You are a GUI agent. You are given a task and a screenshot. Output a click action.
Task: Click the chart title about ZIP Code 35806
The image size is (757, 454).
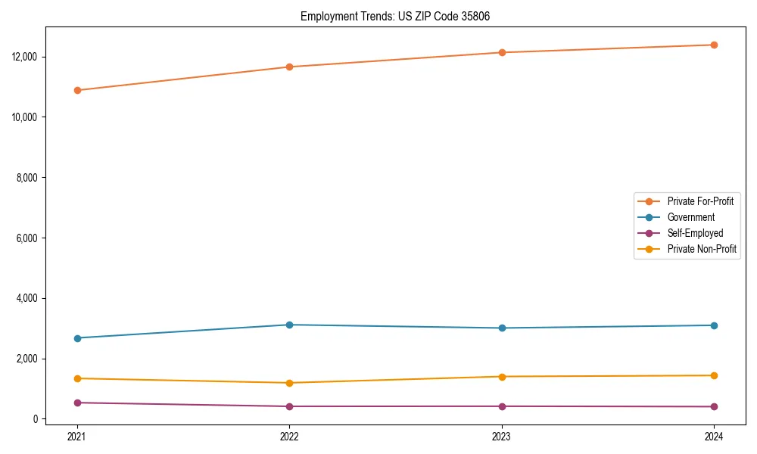pyautogui.click(x=395, y=16)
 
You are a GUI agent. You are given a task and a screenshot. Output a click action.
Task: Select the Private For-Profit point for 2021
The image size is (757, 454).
pyautogui.click(x=76, y=90)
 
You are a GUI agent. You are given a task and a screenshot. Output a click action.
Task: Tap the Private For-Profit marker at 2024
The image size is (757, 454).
pyautogui.click(x=714, y=45)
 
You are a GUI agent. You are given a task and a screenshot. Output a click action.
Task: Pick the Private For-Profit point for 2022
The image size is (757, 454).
pyautogui.click(x=289, y=67)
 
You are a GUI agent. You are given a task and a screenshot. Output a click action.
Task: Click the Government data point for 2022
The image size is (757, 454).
pyautogui.click(x=289, y=325)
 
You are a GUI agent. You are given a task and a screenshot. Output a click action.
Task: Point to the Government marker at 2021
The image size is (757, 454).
pyautogui.click(x=76, y=338)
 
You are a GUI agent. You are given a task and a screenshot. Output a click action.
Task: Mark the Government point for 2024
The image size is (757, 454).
pyautogui.click(x=714, y=325)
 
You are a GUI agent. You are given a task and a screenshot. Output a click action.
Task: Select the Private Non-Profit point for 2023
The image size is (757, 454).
pyautogui.click(x=502, y=376)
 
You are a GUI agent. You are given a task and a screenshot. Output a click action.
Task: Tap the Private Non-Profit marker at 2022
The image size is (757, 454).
pyautogui.click(x=289, y=383)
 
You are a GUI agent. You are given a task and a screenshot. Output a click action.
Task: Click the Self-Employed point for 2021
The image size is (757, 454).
pyautogui.click(x=76, y=403)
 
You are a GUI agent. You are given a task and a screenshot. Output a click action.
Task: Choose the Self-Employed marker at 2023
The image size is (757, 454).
pyautogui.click(x=502, y=406)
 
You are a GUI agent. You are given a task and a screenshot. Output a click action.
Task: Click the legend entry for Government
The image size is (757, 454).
pyautogui.click(x=690, y=217)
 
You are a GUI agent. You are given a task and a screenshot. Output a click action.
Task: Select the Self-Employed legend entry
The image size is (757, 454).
pyautogui.click(x=695, y=233)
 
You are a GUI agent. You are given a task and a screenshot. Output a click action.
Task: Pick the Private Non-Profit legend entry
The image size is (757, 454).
pyautogui.click(x=702, y=249)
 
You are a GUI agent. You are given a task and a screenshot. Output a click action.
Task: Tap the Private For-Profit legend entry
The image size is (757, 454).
pyautogui.click(x=700, y=201)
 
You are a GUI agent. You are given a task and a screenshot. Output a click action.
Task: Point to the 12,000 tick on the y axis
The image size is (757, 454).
pyautogui.click(x=25, y=57)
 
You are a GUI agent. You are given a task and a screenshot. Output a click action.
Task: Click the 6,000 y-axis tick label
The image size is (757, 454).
pyautogui.click(x=27, y=238)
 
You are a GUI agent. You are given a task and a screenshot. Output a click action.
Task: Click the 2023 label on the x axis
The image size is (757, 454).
pyautogui.click(x=502, y=436)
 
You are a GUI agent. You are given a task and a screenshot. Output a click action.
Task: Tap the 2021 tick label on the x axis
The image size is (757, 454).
pyautogui.click(x=76, y=436)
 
